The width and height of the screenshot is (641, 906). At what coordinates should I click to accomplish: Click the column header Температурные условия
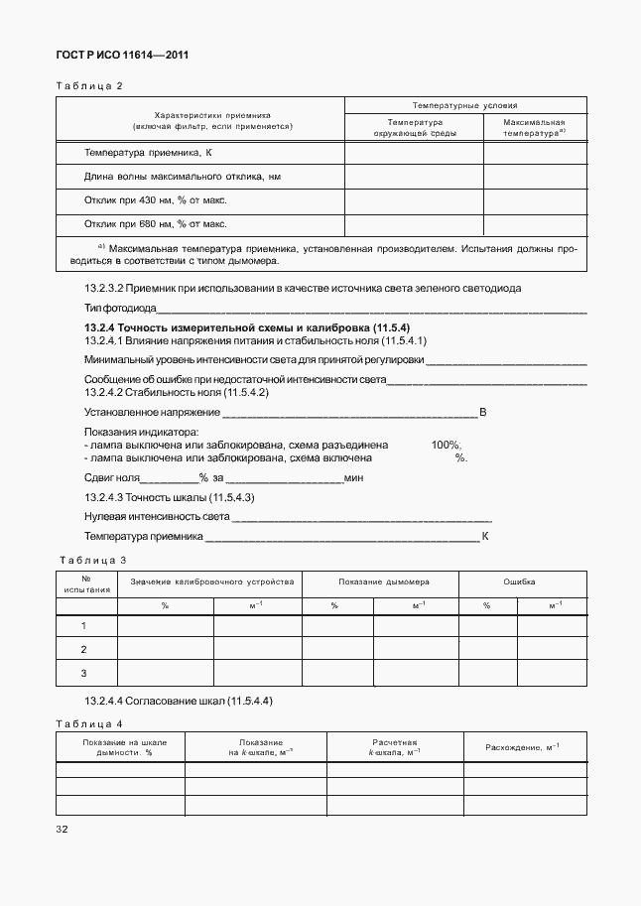pyautogui.click(x=464, y=104)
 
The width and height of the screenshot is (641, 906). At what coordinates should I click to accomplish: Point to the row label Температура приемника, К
pyautogui.click(x=149, y=153)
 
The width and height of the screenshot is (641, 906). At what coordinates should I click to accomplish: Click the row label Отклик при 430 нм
pyautogui.click(x=156, y=199)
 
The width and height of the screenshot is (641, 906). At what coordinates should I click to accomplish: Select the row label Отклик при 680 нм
pyautogui.click(x=156, y=223)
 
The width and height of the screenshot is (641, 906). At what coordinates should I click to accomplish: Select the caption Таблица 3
pyautogui.click(x=91, y=560)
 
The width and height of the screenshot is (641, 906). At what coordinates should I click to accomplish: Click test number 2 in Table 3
pyautogui.click(x=83, y=649)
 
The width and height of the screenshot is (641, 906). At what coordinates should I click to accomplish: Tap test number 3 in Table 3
pyautogui.click(x=83, y=673)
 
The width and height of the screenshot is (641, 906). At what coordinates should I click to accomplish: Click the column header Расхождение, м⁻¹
pyautogui.click(x=522, y=746)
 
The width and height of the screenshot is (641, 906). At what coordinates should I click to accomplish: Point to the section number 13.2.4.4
pyautogui.click(x=108, y=701)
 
